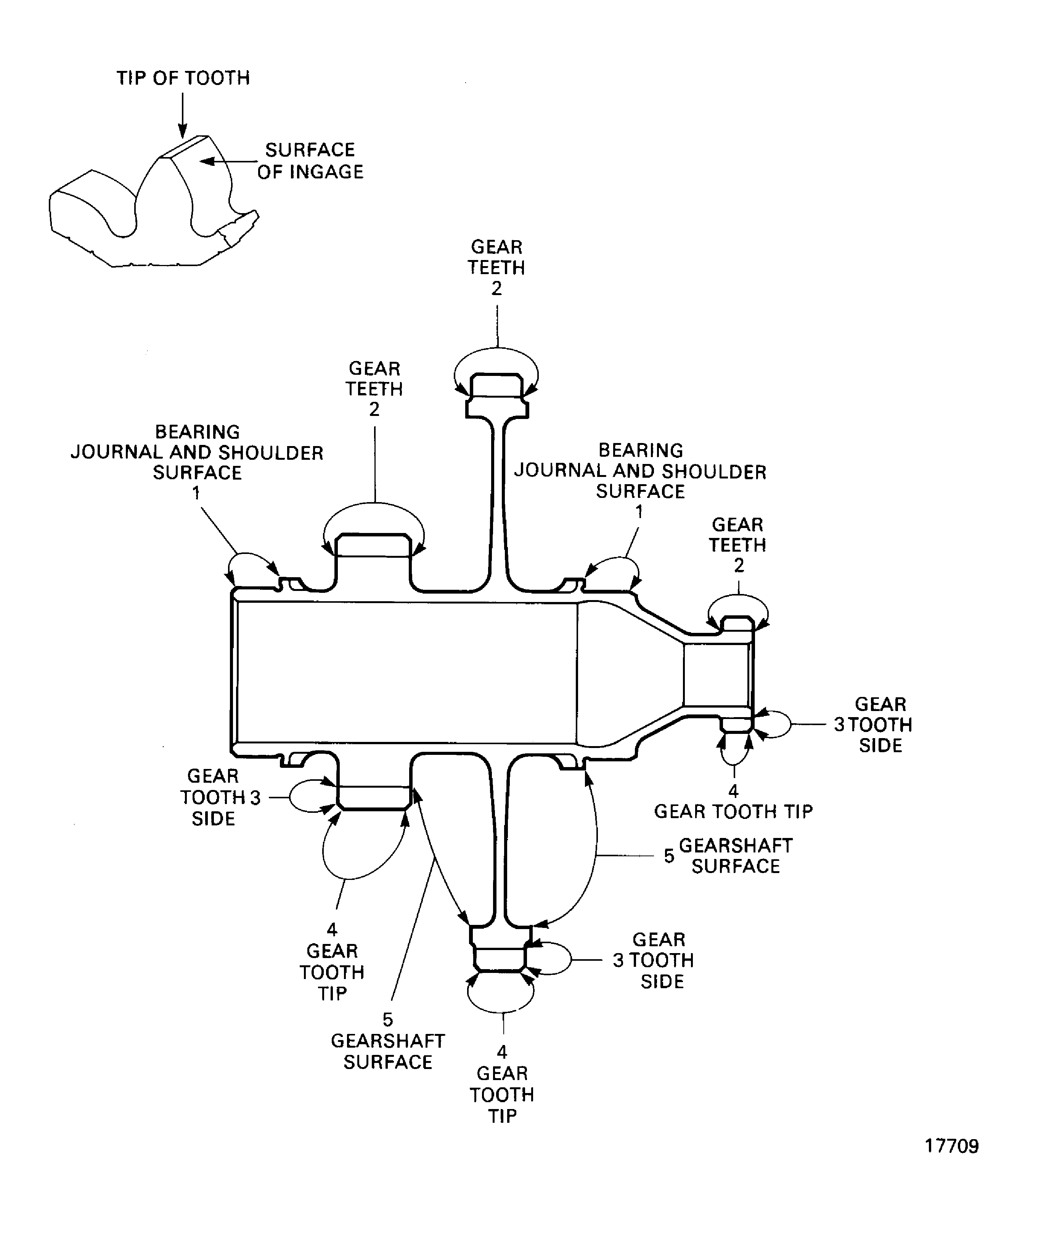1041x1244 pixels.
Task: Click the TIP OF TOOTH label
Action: (183, 78)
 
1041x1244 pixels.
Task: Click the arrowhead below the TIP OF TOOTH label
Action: (183, 132)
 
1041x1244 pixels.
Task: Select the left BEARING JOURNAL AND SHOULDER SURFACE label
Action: (197, 452)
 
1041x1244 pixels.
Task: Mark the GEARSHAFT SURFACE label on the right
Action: (735, 856)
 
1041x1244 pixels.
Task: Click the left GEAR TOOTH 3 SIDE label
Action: (213, 797)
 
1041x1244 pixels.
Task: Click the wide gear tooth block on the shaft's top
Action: (373, 546)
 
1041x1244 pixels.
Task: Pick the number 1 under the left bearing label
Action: (196, 493)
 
